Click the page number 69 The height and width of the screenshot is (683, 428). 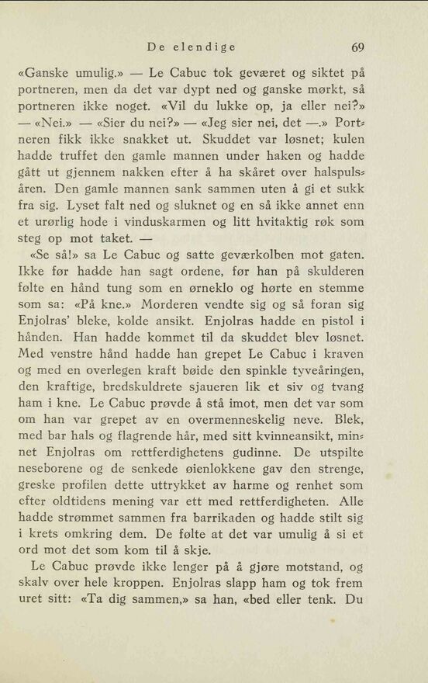click(x=357, y=47)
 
